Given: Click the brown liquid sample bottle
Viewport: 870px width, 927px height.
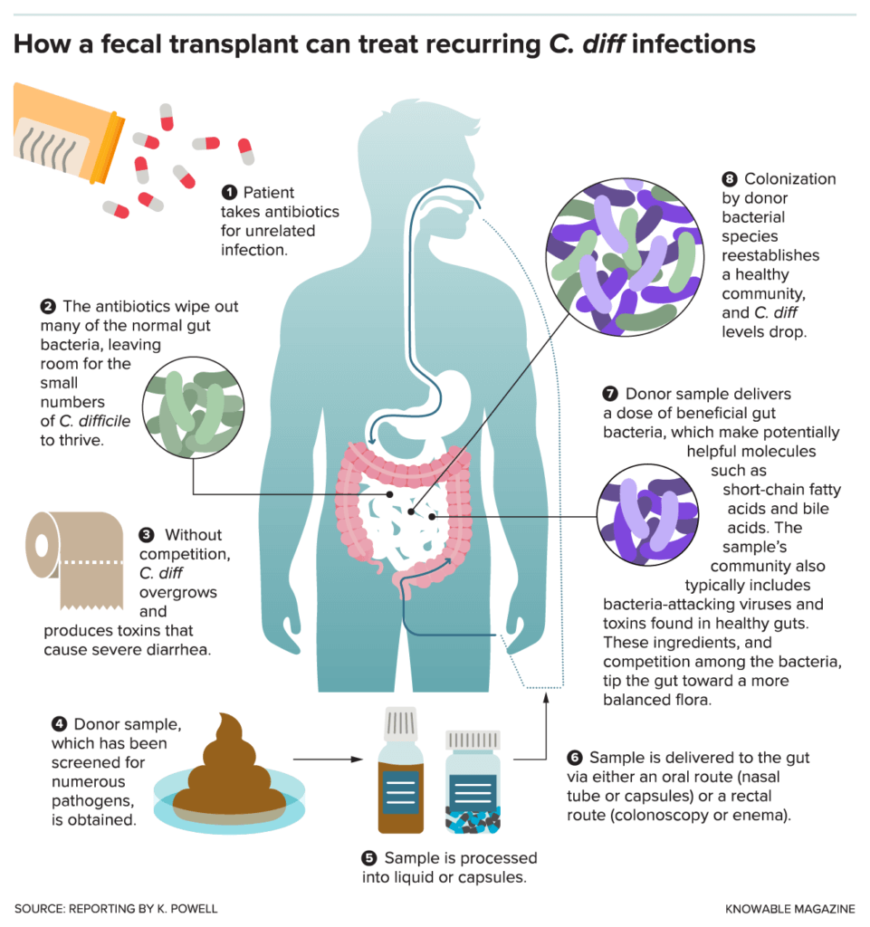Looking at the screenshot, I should [x=399, y=773].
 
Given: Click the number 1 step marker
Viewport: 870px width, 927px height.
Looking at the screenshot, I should [x=229, y=192].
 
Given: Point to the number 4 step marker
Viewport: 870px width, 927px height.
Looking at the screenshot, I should [x=60, y=723].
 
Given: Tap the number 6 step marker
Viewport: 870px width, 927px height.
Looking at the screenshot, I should [x=575, y=757].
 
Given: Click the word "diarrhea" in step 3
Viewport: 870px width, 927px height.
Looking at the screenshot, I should [x=179, y=649].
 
